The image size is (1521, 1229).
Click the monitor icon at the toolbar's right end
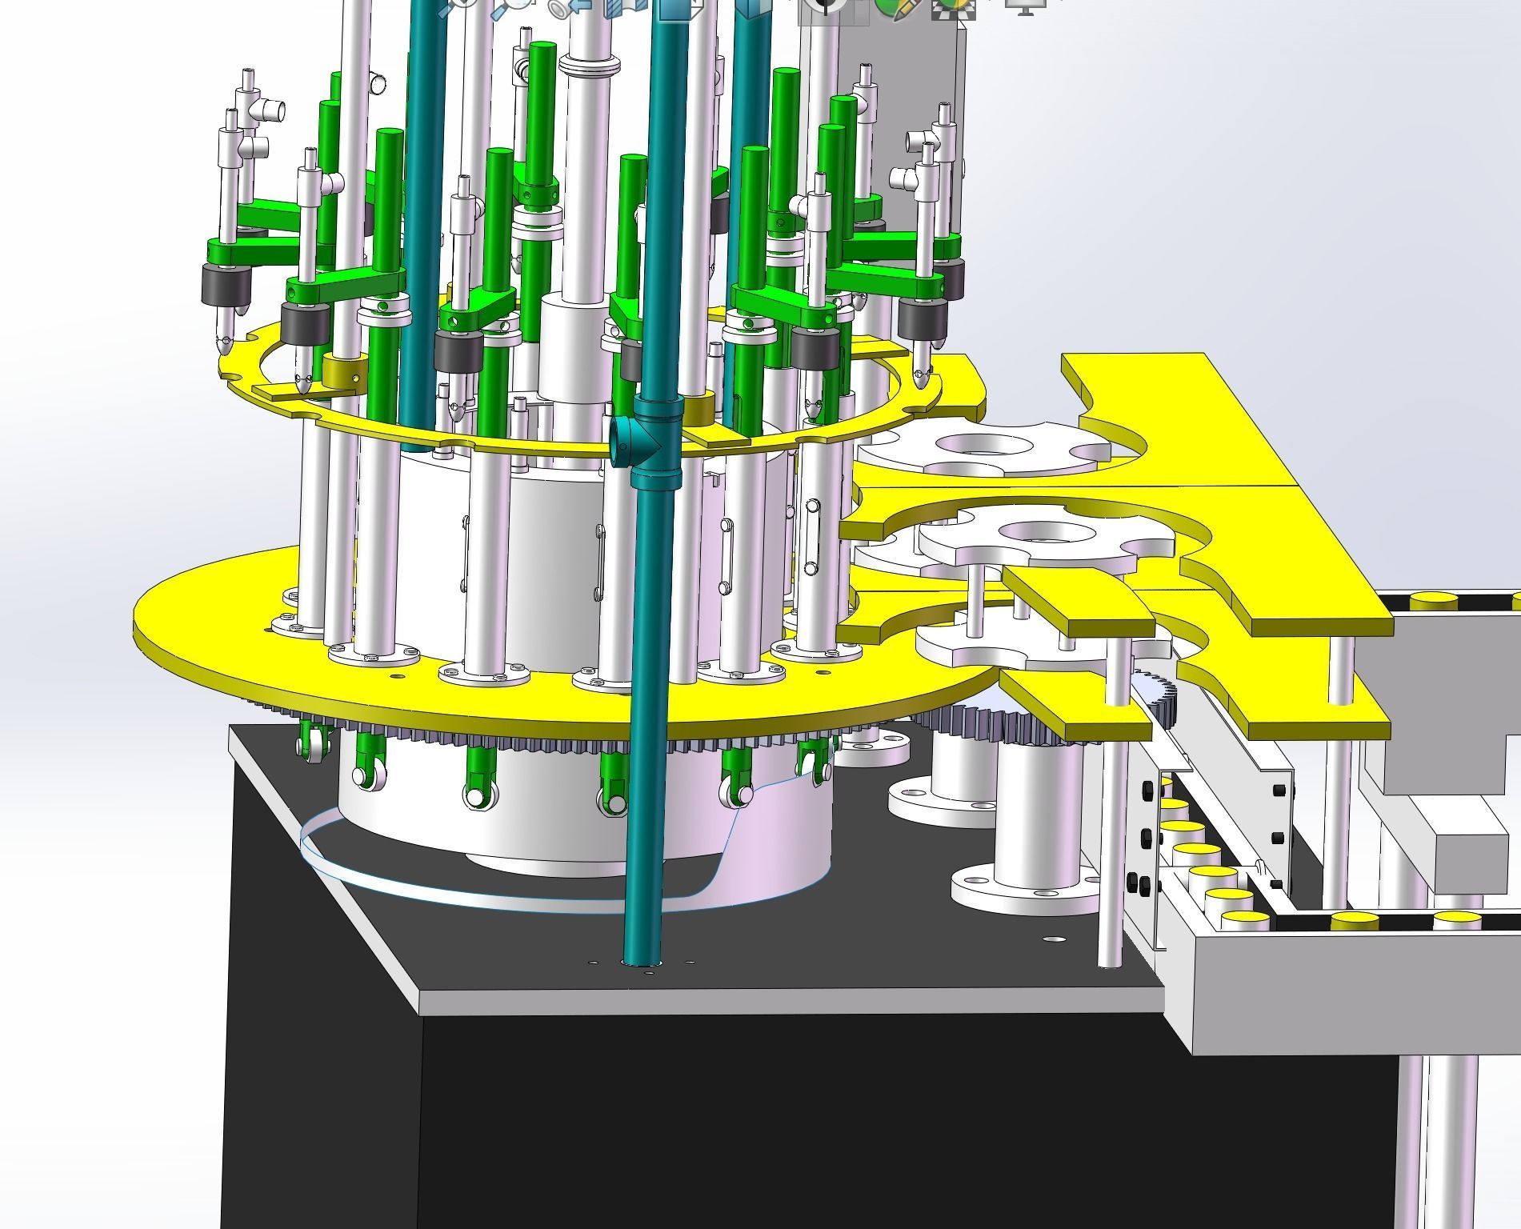1027,7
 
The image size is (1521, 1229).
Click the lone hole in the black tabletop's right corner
1055,939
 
